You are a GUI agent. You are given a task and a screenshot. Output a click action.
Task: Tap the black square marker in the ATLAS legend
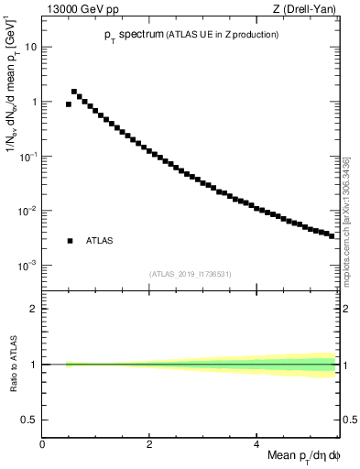pos(70,241)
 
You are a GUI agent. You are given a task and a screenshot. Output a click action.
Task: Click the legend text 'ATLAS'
pos(99,241)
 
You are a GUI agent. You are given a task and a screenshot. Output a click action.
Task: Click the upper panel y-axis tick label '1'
pos(34,102)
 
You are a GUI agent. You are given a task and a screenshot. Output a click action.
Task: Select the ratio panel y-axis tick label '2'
pos(34,309)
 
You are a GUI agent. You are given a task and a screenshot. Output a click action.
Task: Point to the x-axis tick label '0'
pos(42,444)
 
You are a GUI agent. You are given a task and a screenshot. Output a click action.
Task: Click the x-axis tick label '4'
pos(256,444)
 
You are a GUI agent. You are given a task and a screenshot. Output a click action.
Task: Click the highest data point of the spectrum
pos(74,92)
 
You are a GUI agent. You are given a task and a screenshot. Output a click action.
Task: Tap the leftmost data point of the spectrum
pos(69,104)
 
